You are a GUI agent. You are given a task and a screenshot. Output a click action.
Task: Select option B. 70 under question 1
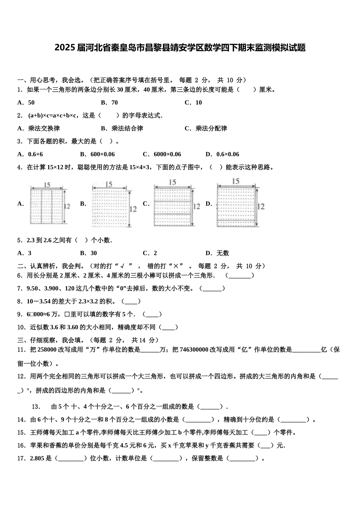click(110, 103)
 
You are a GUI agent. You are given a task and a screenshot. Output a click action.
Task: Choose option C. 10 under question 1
click(193, 103)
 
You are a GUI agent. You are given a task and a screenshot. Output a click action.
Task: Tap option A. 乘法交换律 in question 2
click(39, 128)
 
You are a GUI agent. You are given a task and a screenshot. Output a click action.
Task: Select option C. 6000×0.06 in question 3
click(162, 154)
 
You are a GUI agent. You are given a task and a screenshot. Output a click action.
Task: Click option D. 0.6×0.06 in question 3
click(222, 154)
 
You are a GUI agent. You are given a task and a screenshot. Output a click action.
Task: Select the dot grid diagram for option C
click(172, 206)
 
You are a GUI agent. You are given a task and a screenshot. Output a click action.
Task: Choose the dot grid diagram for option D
click(236, 206)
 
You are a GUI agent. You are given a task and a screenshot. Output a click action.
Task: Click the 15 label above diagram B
click(109, 184)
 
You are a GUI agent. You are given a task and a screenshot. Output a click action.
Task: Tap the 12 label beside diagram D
click(261, 206)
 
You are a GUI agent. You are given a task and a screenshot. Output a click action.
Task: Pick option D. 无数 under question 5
click(217, 253)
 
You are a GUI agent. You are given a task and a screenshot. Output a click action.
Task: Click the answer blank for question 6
click(239, 276)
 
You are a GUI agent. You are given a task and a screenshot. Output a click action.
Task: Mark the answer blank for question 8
click(131, 301)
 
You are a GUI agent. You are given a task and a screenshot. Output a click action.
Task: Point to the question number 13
click(36, 407)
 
